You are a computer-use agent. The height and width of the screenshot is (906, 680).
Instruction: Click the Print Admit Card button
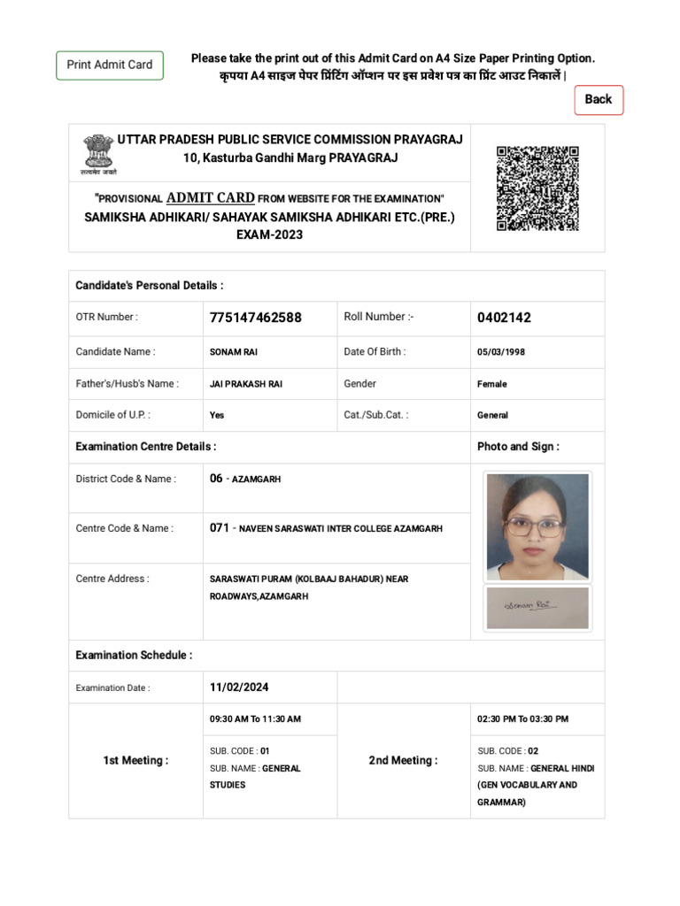pos(110,65)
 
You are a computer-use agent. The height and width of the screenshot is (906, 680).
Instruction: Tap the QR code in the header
pos(537,188)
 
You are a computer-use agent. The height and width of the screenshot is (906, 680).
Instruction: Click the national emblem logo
pos(98,153)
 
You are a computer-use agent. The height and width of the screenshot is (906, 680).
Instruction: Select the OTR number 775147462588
pos(255,318)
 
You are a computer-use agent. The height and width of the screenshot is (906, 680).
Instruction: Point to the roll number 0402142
pos(504,318)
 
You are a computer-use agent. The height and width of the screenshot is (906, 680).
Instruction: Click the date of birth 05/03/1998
pos(501,352)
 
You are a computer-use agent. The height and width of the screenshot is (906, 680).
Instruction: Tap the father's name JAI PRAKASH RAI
pos(246,384)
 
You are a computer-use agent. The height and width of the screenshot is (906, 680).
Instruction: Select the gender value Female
pos(491,384)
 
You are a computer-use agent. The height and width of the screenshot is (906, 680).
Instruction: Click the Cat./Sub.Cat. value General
pos(492,415)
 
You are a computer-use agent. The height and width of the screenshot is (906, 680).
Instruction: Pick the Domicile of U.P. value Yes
pos(217,415)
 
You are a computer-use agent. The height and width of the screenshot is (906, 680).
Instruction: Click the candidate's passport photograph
pos(537,526)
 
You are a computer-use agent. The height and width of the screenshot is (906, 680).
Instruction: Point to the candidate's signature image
pos(537,607)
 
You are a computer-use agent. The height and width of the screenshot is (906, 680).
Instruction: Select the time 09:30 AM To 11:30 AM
pos(255,719)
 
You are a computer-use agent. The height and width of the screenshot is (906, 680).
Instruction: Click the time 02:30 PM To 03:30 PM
pos(522,719)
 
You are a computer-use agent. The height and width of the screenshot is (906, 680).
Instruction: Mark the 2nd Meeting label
pos(403,760)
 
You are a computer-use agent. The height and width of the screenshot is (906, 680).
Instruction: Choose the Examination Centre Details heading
pos(146,447)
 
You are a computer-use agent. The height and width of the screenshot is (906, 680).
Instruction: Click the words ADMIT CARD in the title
pos(210,197)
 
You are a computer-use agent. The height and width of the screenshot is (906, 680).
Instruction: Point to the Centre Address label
pos(112,579)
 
